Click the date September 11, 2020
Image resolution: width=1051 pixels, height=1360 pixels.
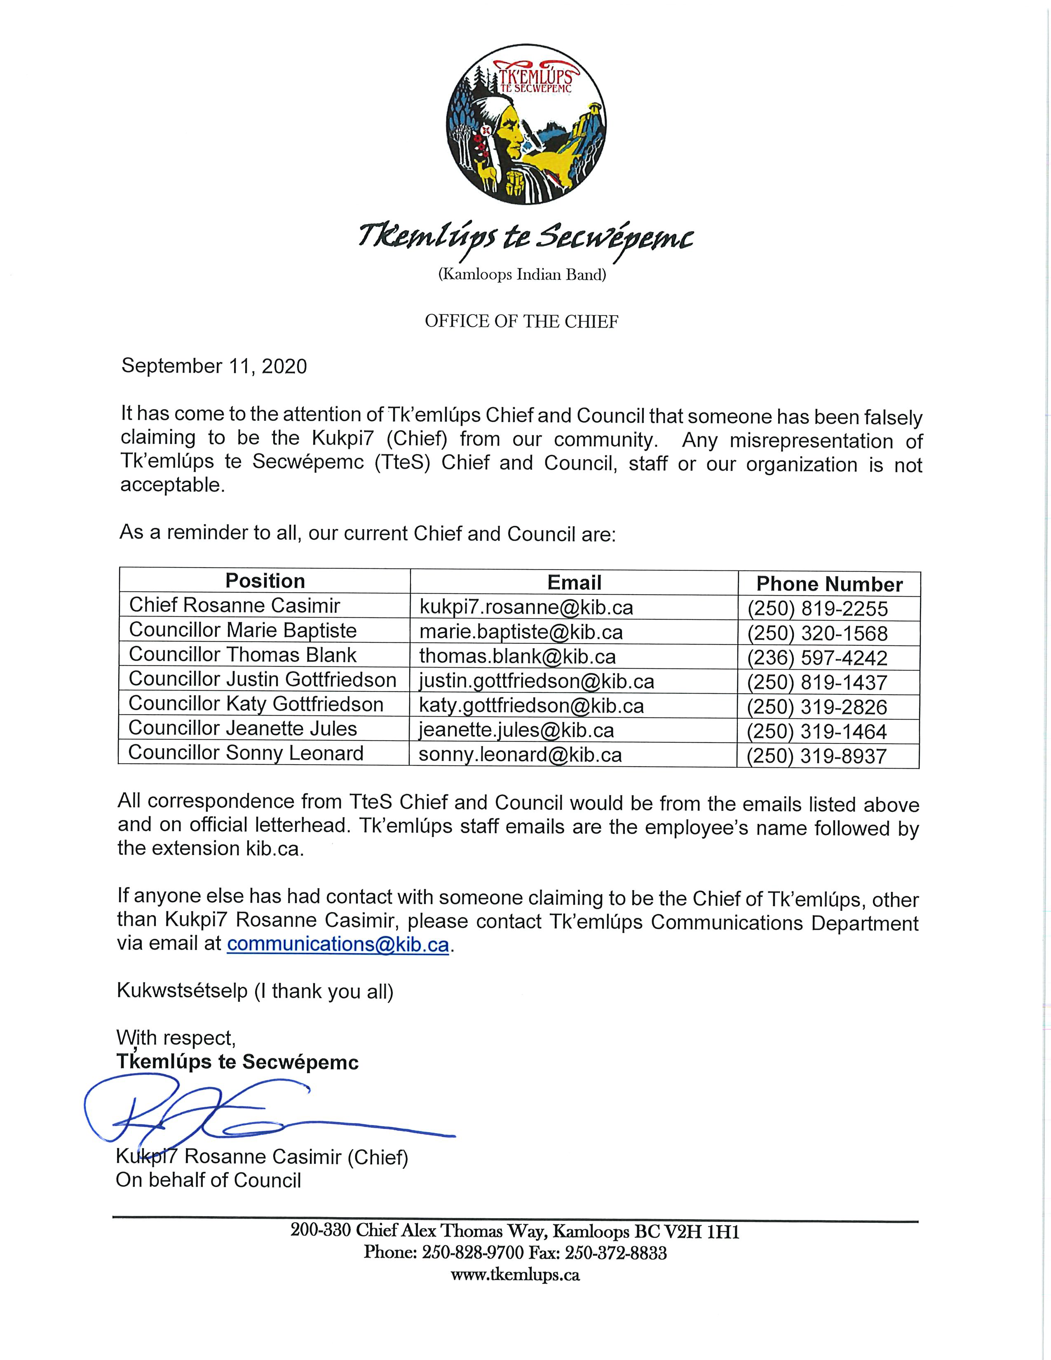(214, 366)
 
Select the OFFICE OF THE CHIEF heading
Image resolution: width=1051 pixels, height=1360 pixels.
(522, 321)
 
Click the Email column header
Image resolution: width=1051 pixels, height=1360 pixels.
(574, 583)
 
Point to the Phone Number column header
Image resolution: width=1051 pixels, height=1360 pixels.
(829, 584)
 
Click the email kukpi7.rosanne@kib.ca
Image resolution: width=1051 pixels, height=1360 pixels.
(526, 607)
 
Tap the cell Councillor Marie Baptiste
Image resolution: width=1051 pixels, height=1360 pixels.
(243, 630)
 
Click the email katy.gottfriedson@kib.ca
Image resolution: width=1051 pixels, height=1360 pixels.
(531, 706)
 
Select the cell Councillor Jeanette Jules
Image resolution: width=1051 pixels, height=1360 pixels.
(243, 729)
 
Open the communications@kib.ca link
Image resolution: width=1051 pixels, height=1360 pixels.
(338, 945)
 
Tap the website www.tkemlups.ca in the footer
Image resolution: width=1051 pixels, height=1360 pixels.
(515, 1275)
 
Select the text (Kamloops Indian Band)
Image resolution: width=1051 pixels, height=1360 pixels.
(522, 274)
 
